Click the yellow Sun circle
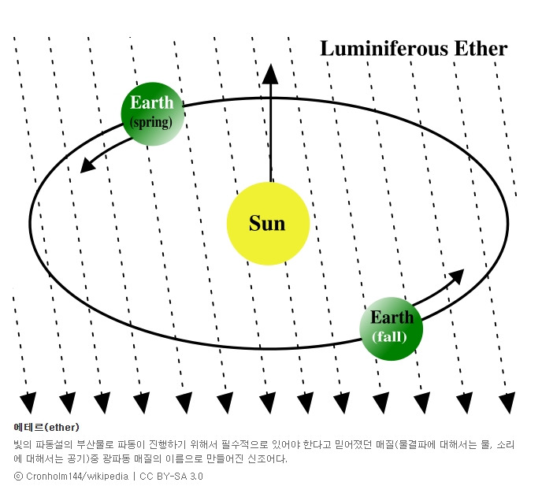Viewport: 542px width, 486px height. tap(267, 223)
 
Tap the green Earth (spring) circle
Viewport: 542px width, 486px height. tap(152, 113)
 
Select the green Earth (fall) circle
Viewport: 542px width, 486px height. tap(392, 328)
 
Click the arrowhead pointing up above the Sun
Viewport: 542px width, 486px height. tap(270, 74)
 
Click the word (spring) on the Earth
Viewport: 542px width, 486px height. tap(151, 123)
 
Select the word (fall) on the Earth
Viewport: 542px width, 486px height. tap(391, 337)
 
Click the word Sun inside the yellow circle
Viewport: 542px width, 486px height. tap(267, 224)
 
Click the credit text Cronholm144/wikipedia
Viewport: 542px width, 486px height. tap(77, 477)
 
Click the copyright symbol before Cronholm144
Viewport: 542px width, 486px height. tap(18, 477)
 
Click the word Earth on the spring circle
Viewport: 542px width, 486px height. tap(152, 103)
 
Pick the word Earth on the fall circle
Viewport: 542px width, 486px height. tap(392, 318)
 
